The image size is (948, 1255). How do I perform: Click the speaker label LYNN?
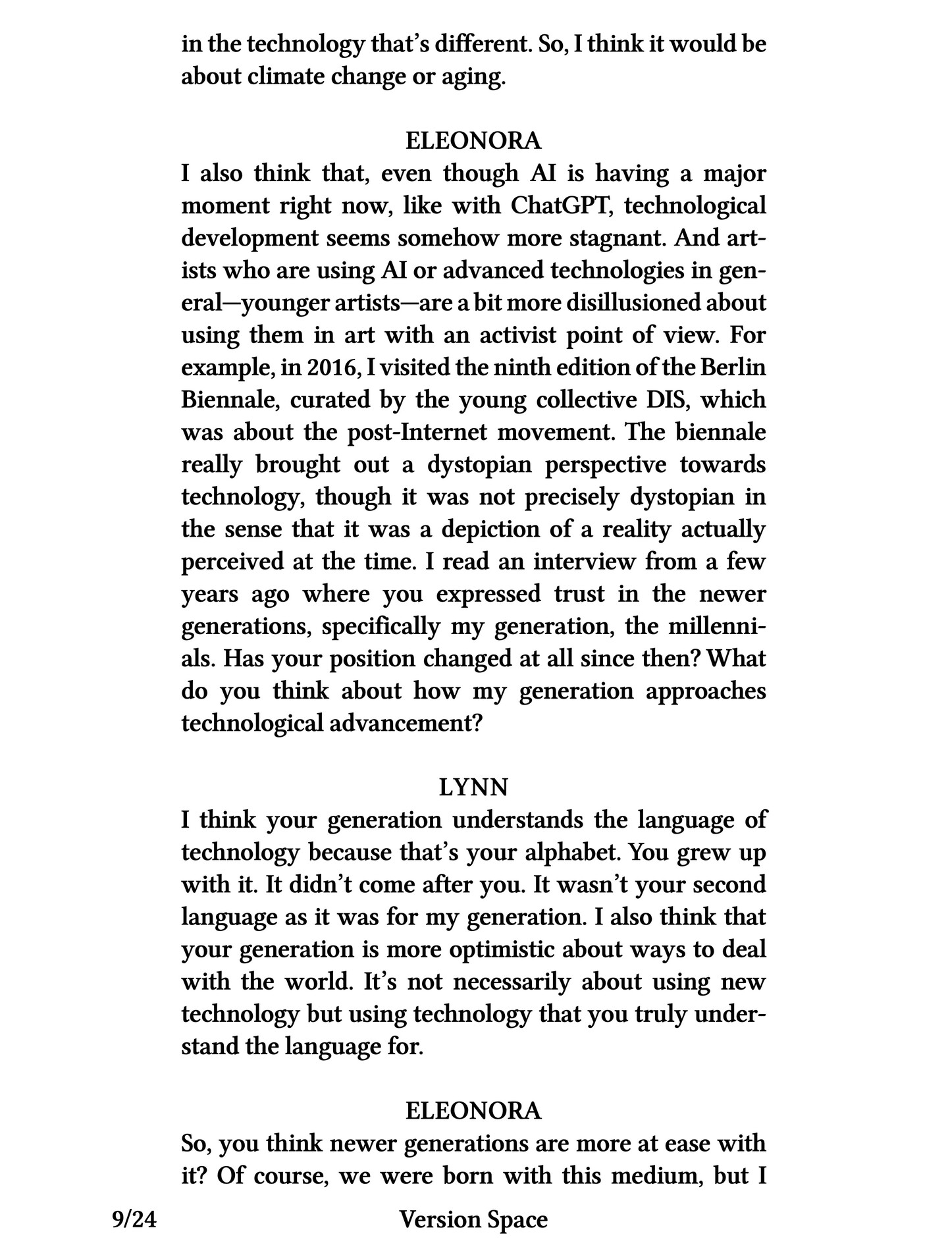(473, 787)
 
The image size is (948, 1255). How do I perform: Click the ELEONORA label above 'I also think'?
(473, 141)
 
